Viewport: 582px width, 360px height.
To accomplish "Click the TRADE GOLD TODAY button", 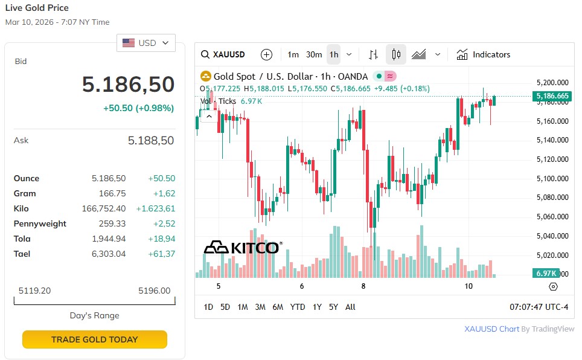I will (94, 339).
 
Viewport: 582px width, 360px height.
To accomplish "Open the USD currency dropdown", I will (146, 43).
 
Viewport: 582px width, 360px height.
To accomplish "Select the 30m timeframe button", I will (314, 54).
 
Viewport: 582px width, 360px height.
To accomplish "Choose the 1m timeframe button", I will (293, 54).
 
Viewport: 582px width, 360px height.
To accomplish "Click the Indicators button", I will (483, 54).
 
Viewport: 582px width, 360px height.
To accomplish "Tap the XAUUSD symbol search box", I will (223, 54).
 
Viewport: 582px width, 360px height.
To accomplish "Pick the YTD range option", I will (298, 307).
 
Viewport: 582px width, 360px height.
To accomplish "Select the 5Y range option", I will (333, 307).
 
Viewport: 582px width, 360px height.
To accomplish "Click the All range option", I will (350, 307).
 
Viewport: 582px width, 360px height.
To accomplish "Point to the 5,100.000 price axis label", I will (552, 179).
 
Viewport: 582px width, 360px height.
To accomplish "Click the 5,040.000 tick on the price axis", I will (552, 236).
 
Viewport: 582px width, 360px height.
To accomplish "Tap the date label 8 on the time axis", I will (363, 286).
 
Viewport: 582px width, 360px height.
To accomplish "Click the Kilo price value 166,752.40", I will (104, 208).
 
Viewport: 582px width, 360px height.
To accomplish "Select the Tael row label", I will (22, 254).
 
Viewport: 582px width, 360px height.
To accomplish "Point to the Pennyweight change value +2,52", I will (164, 223).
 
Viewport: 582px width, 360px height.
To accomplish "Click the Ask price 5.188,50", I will (151, 141).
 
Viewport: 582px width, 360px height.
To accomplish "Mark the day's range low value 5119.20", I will (34, 291).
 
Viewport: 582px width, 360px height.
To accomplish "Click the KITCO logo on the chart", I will (241, 248).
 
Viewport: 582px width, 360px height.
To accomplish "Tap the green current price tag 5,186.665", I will (552, 96).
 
